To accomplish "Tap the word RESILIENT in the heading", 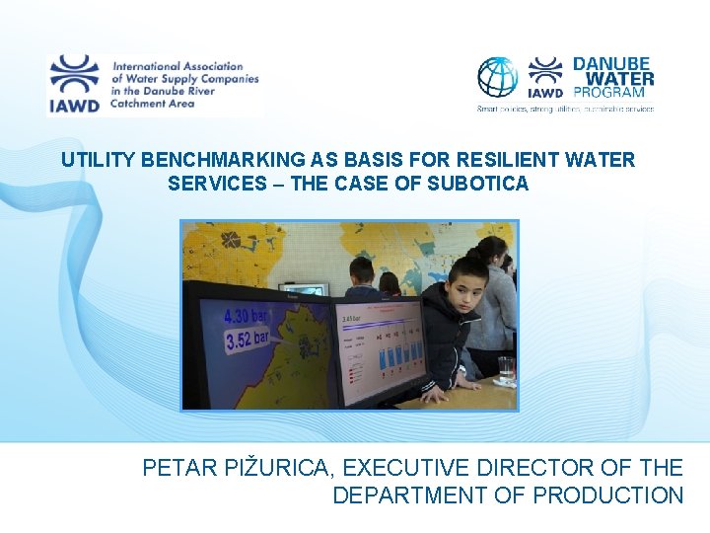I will coord(448,159).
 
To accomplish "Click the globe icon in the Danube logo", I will coord(498,77).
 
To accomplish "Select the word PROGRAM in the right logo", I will coord(609,93).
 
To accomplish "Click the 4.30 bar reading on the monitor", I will coord(248,317).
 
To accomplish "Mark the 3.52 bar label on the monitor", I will coord(248,342).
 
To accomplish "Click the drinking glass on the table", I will coord(506,369).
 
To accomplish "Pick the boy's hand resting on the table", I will coord(433,392).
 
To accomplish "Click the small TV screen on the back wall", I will coord(303,289).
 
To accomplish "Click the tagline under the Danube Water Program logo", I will coord(565,109).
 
